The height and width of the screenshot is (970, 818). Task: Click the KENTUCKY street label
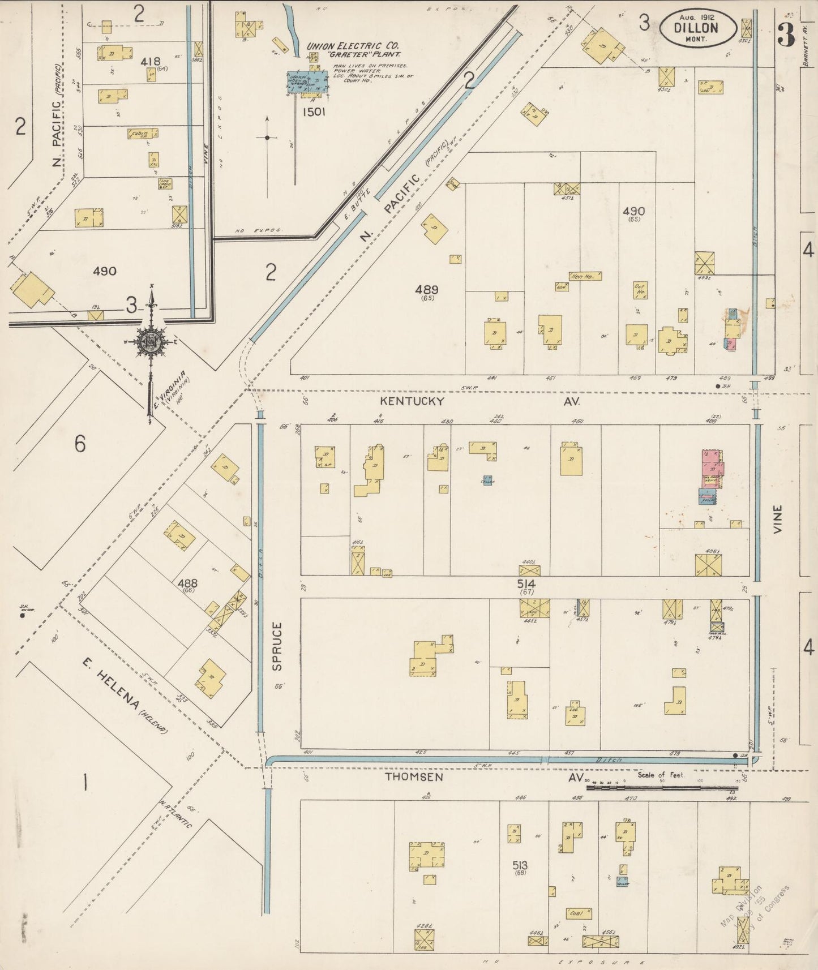(x=412, y=401)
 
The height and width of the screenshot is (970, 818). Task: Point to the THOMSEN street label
(x=414, y=777)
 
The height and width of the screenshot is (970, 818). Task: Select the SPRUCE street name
(x=277, y=646)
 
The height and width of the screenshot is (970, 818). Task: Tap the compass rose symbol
(x=151, y=342)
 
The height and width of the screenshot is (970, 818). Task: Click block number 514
(x=526, y=583)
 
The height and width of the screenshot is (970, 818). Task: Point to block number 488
(x=187, y=583)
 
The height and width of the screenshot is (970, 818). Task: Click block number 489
(x=427, y=290)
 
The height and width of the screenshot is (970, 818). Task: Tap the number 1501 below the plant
(x=314, y=112)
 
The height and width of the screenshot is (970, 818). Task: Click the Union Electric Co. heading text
(x=353, y=45)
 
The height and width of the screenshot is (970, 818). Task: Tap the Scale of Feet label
(x=661, y=774)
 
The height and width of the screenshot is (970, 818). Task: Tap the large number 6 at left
(x=80, y=444)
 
